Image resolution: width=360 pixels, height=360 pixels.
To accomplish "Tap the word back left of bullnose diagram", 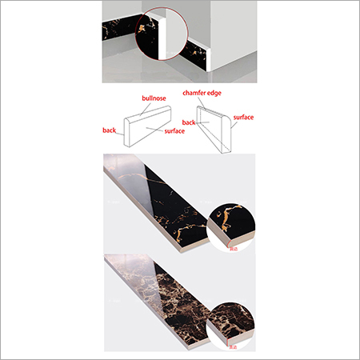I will point(110,130).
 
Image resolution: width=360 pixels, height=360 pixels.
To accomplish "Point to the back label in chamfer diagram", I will point(190,122).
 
